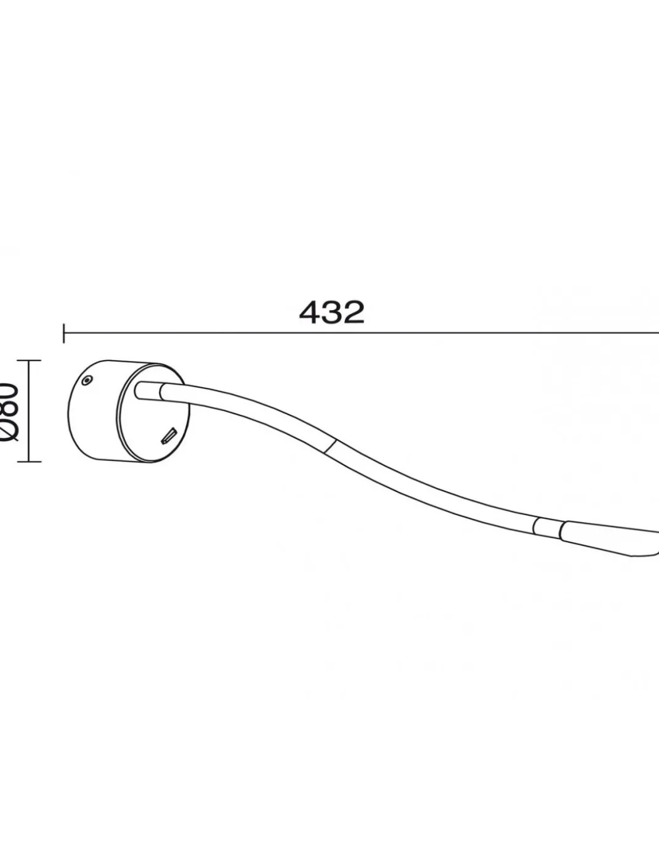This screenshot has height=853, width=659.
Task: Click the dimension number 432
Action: (332, 312)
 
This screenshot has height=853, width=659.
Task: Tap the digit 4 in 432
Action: (310, 312)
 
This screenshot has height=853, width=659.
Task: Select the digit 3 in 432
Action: (332, 312)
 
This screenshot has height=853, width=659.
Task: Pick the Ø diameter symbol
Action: (9, 431)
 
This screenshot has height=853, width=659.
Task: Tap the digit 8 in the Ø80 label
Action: (9, 410)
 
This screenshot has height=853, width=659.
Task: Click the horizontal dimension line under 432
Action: (362, 332)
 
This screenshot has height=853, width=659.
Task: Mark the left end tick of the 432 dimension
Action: (64, 333)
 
